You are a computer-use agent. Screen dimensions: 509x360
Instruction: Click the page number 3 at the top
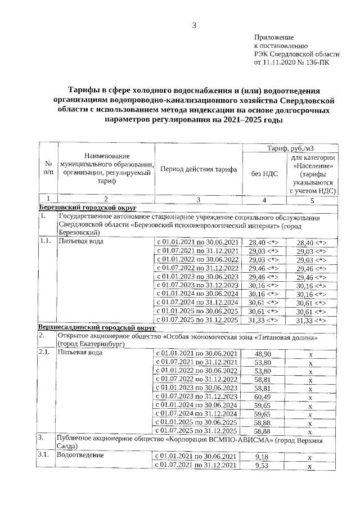click(195, 25)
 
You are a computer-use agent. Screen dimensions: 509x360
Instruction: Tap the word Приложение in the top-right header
click(274, 37)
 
